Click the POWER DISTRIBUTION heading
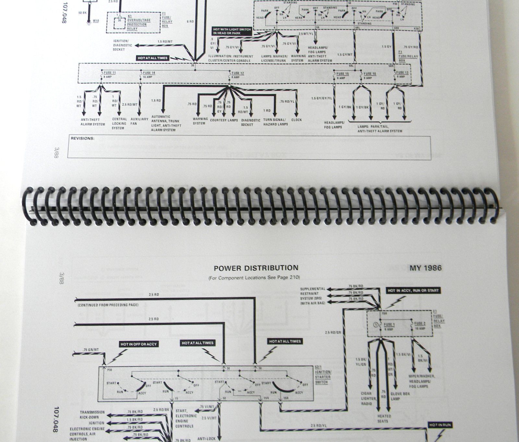pyautogui.click(x=256, y=268)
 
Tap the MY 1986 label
pyautogui.click(x=426, y=268)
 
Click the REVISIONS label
pyautogui.click(x=83, y=139)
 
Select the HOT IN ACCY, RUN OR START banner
pyautogui.click(x=413, y=290)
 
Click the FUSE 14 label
pyautogui.click(x=149, y=73)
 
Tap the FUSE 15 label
pyautogui.click(x=343, y=74)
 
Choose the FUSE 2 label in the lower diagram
pyautogui.click(x=420, y=324)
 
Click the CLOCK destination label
pyautogui.click(x=296, y=120)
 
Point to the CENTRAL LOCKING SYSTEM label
pyautogui.click(x=118, y=124)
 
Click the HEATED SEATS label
pyautogui.click(x=384, y=419)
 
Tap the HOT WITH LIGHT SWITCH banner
pyautogui.click(x=232, y=31)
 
